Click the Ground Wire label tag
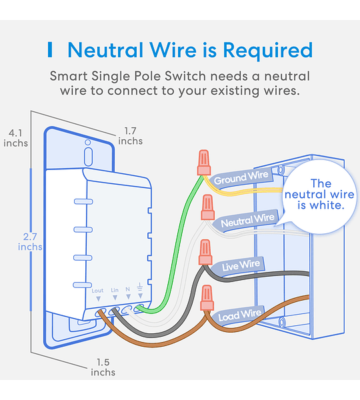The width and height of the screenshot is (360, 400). (241, 178)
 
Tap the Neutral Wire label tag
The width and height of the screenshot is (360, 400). (247, 221)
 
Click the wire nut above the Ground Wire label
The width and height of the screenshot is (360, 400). (204, 162)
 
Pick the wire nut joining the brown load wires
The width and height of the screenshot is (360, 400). (207, 298)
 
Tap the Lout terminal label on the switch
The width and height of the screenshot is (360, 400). (97, 291)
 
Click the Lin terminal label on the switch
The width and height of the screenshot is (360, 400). (115, 290)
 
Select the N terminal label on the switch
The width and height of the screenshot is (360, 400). (128, 289)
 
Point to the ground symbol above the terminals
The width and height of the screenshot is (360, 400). (139, 287)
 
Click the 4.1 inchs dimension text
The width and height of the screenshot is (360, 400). (15, 138)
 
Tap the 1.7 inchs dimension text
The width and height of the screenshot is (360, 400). (130, 136)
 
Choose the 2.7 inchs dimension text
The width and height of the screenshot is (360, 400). (30, 241)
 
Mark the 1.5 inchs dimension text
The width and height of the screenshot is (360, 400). (103, 367)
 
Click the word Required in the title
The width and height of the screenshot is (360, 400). (268, 50)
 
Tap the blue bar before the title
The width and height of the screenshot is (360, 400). (50, 50)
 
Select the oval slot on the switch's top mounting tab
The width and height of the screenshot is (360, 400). (88, 157)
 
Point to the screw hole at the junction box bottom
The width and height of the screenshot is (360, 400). (282, 322)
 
